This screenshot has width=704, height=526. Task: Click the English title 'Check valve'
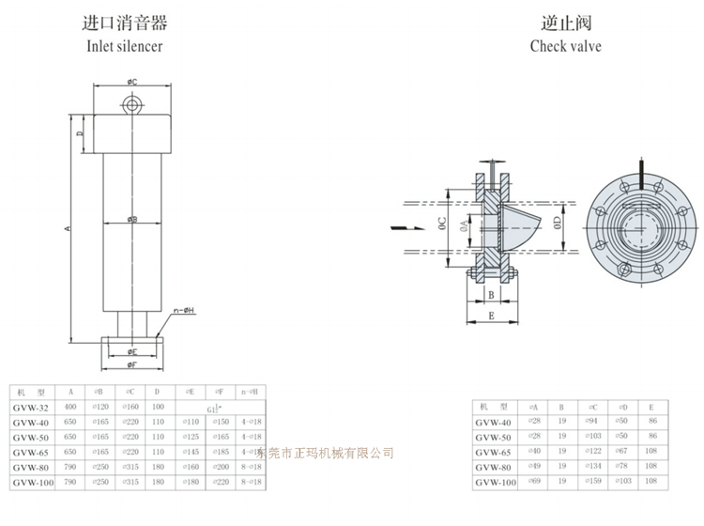pyautogui.click(x=565, y=45)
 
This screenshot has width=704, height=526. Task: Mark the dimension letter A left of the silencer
pyautogui.click(x=68, y=228)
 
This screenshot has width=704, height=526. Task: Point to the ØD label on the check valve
pyautogui.click(x=556, y=224)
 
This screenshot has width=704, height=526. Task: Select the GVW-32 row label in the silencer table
pyautogui.click(x=32, y=407)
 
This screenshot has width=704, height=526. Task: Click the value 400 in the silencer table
pyautogui.click(x=70, y=407)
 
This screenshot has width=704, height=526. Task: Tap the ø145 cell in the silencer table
pyautogui.click(x=190, y=451)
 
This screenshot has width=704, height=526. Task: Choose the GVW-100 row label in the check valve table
pyautogui.click(x=497, y=481)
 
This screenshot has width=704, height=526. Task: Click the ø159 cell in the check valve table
pyautogui.click(x=593, y=481)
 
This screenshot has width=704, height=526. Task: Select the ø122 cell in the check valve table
pyautogui.click(x=593, y=451)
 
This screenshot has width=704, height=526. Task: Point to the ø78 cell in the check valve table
pyautogui.click(x=621, y=466)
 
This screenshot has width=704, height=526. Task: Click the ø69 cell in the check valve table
pyautogui.click(x=534, y=481)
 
